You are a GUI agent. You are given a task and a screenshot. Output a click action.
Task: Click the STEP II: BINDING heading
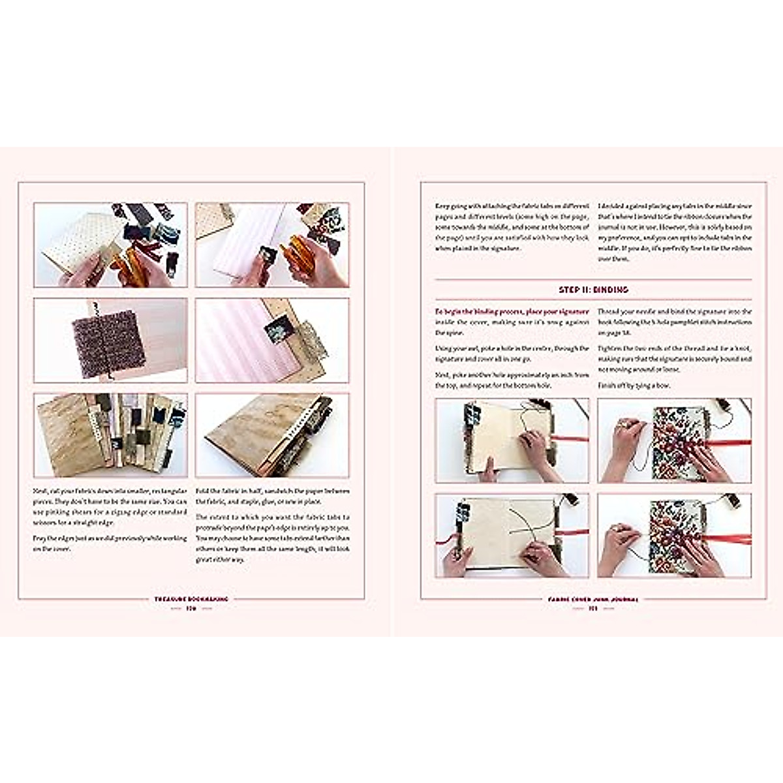(x=592, y=289)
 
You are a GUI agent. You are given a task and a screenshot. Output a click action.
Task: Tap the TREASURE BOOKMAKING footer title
(x=191, y=598)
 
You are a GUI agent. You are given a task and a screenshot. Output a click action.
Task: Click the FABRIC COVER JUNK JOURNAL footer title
(x=592, y=598)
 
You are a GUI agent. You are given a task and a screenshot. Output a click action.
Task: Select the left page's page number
(x=191, y=609)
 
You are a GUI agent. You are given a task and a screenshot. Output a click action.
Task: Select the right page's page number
(x=592, y=609)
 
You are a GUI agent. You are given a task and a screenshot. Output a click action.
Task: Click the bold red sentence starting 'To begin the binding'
(x=512, y=312)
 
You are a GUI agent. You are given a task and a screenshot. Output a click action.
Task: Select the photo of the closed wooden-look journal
(x=271, y=435)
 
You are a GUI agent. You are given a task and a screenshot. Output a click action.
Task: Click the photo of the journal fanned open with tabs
(x=110, y=435)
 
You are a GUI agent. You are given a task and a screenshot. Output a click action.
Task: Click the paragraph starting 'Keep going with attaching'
(x=512, y=226)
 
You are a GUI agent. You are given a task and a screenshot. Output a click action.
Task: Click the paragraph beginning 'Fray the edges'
(x=110, y=543)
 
